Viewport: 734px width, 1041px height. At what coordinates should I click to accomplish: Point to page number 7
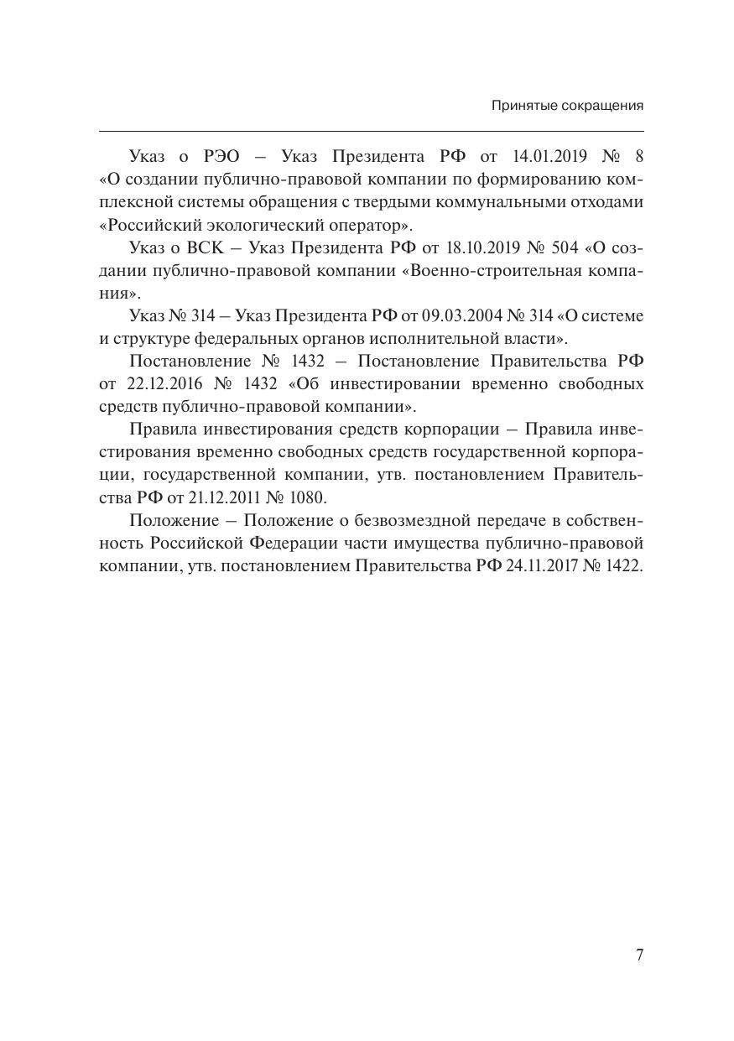coord(640,955)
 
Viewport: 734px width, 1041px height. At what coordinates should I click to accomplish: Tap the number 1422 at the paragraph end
coord(622,566)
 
